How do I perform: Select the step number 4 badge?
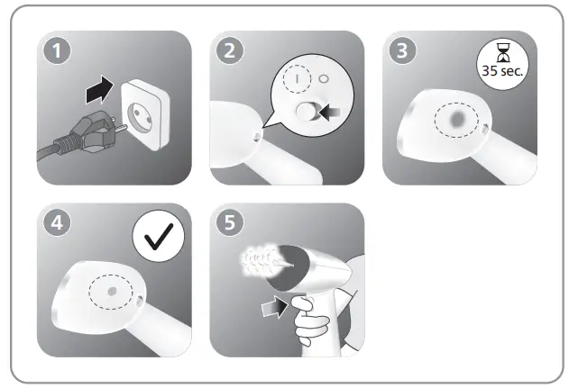(60, 225)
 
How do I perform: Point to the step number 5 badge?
(233, 225)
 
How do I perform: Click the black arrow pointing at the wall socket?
(97, 90)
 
